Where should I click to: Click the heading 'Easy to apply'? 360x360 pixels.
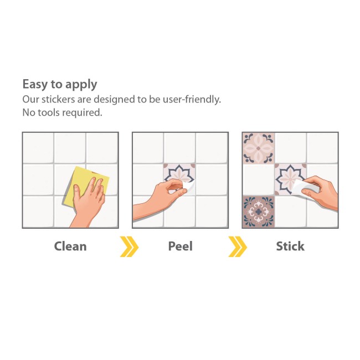point(60,85)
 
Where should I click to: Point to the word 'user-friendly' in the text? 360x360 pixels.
point(191,100)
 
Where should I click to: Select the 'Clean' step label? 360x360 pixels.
point(70,246)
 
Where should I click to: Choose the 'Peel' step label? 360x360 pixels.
point(181,246)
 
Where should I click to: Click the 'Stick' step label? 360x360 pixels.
point(290,246)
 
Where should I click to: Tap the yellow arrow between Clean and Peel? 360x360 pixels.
point(129,246)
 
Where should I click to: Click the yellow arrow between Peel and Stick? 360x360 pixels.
point(238,246)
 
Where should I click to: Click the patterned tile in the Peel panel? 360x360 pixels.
point(179,178)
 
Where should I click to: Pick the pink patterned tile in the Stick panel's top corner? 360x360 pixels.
point(259,148)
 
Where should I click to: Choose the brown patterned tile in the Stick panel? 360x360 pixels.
point(259,212)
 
